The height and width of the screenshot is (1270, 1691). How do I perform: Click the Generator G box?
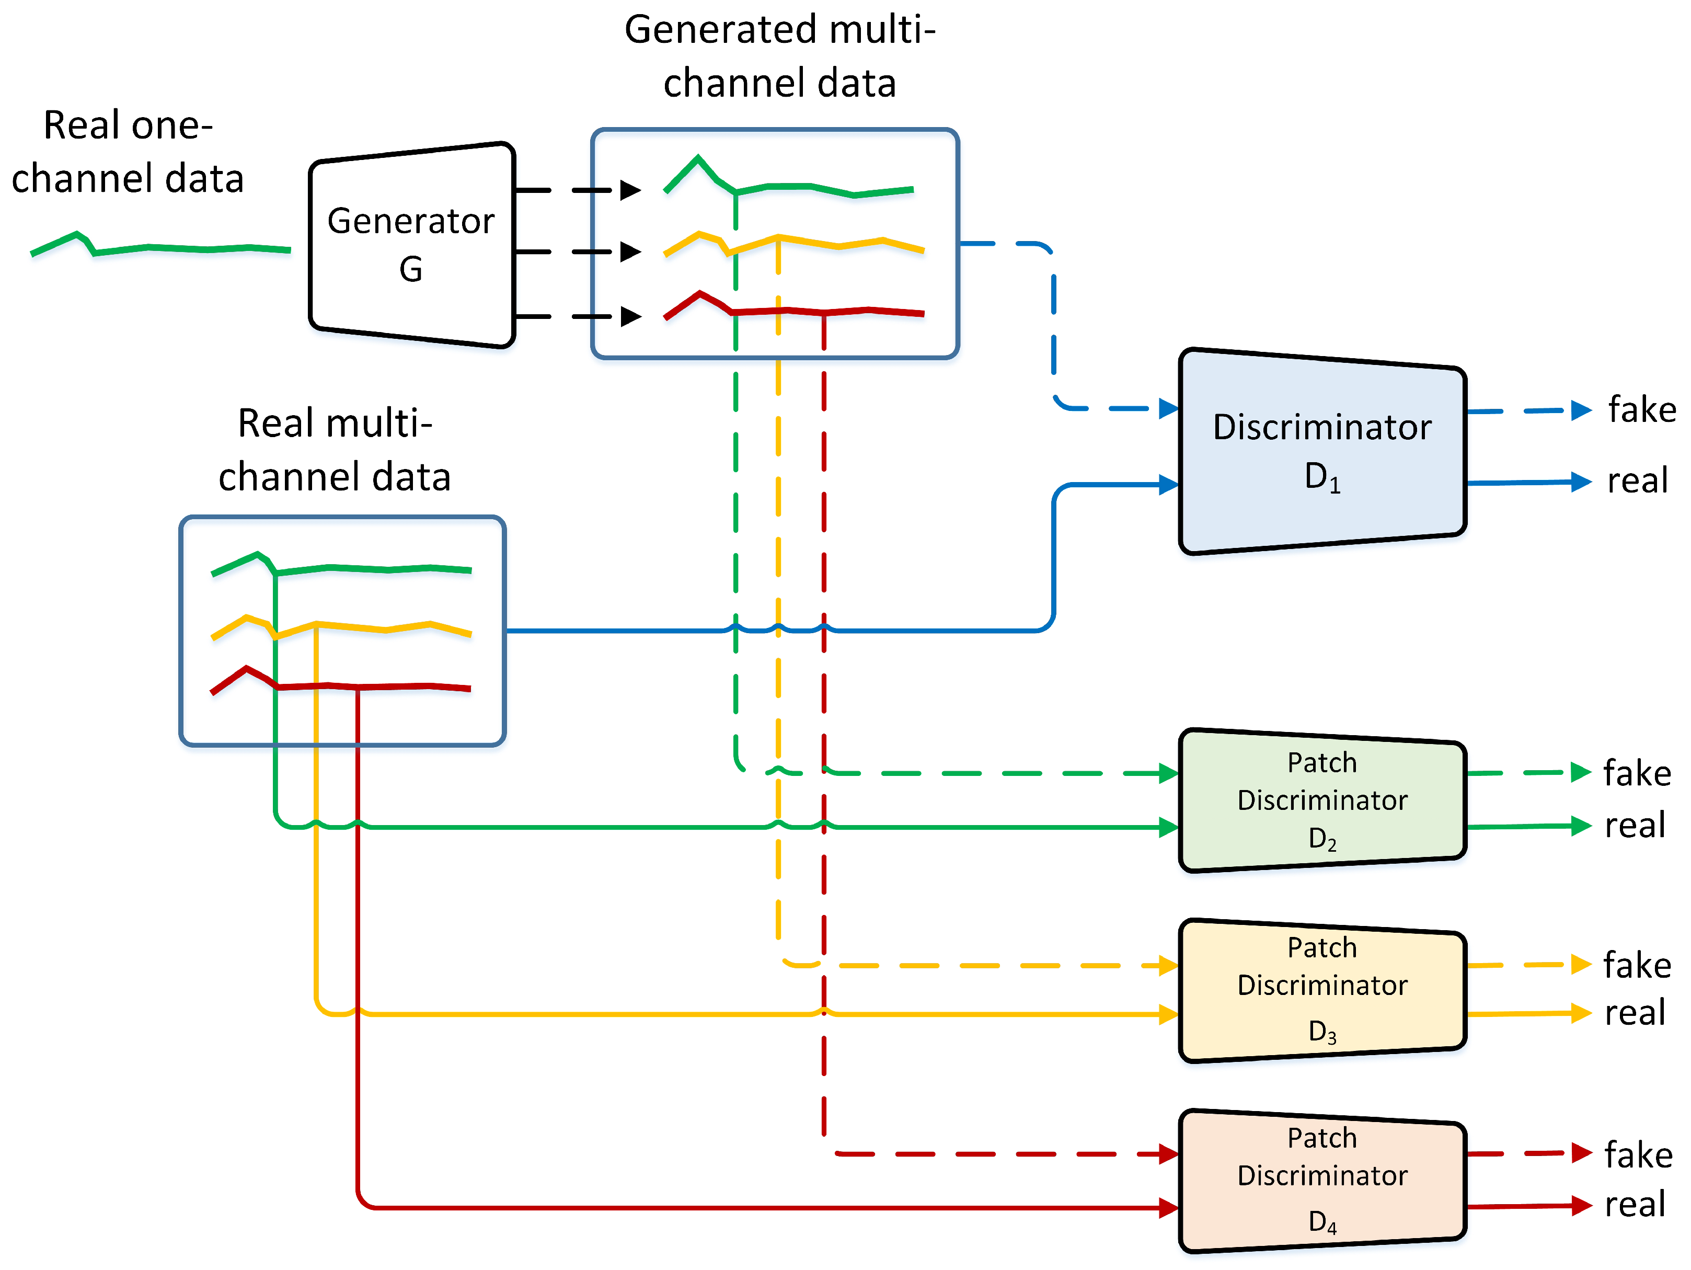click(411, 245)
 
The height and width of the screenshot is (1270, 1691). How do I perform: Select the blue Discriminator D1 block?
click(1322, 451)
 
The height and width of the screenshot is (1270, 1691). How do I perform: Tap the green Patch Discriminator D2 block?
click(1322, 800)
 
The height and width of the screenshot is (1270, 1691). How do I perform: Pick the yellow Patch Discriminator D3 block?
click(1322, 990)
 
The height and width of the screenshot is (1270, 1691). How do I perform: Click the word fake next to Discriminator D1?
click(1642, 410)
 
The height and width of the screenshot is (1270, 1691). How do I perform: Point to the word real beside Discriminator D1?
click(1637, 481)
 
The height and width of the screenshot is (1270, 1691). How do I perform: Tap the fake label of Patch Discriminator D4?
click(1638, 1154)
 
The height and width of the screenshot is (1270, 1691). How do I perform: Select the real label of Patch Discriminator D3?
click(1635, 1013)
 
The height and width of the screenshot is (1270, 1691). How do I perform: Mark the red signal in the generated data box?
click(795, 310)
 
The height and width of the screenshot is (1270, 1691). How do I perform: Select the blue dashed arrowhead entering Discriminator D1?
click(1168, 409)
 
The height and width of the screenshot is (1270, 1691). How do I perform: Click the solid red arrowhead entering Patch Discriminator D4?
click(1168, 1208)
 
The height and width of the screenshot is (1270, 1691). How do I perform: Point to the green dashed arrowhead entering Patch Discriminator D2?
click(1168, 774)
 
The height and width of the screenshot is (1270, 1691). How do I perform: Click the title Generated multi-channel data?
click(780, 56)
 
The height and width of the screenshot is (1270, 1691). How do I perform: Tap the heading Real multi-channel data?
click(335, 450)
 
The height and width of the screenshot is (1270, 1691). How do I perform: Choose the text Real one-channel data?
click(128, 152)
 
